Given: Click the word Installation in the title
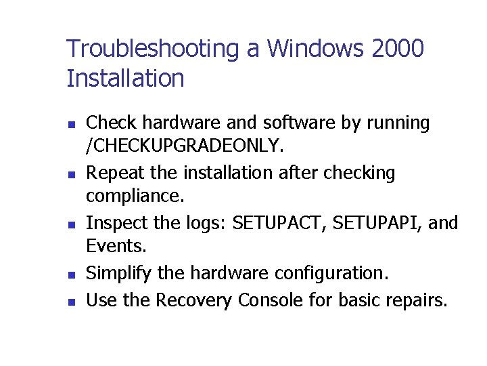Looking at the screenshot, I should pos(125,79).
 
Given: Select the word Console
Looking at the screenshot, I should pos(270,299).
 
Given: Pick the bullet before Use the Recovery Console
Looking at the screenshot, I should pos(71,300).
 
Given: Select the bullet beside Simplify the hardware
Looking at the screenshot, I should pos(71,275).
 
